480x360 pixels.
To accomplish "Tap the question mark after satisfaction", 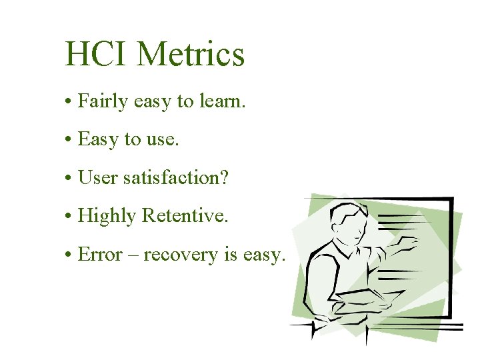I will click(223, 178).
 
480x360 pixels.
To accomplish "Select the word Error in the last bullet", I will click(100, 255).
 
